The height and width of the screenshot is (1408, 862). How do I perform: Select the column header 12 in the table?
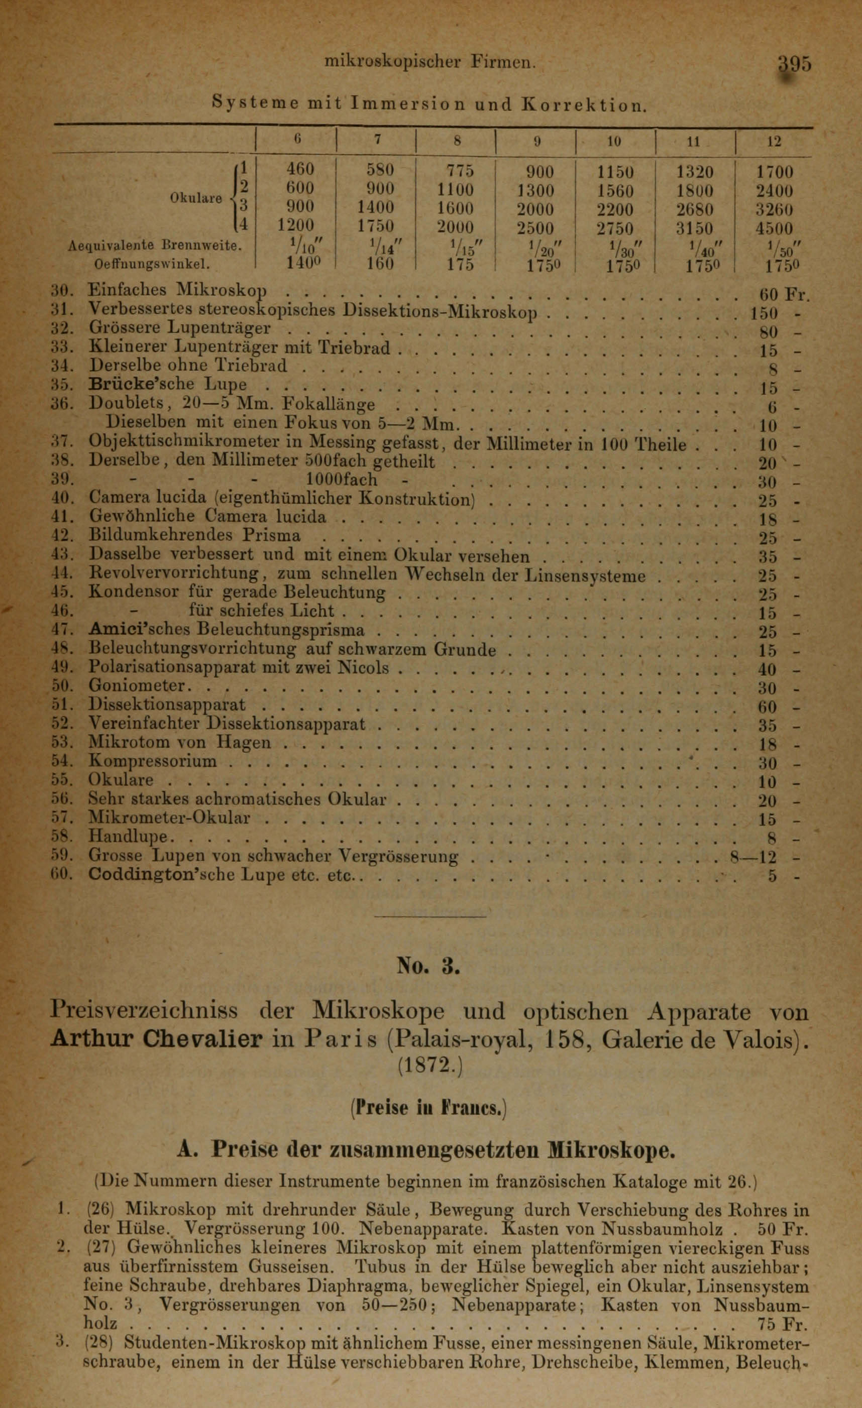[x=774, y=142]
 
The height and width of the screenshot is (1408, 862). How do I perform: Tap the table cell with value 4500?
[x=774, y=228]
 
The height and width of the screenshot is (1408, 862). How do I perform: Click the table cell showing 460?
[x=299, y=171]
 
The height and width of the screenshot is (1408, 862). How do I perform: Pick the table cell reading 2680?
[x=695, y=209]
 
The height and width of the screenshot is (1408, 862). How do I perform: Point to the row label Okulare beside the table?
[x=195, y=198]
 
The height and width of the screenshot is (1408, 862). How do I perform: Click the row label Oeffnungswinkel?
[x=152, y=265]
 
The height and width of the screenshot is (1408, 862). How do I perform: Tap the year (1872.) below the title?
[x=428, y=1064]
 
